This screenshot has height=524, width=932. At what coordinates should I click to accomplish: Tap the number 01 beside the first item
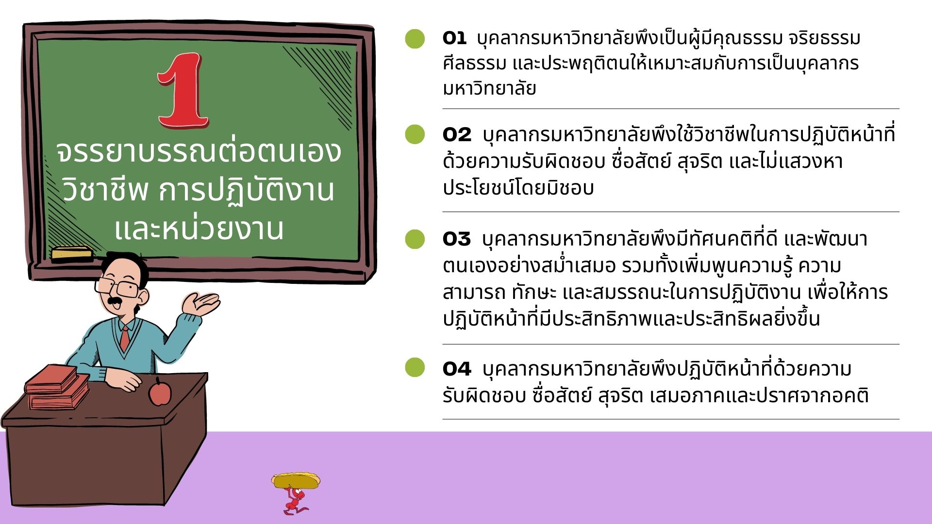point(454,38)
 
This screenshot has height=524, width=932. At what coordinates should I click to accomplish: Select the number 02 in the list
point(457,135)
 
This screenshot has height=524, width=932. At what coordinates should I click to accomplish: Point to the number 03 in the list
point(456,239)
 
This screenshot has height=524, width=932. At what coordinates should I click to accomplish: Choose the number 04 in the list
point(457,369)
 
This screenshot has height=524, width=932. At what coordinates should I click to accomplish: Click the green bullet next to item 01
point(415,38)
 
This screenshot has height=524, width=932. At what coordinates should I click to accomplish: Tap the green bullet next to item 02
point(415,134)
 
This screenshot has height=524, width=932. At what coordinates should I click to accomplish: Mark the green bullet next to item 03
point(415,239)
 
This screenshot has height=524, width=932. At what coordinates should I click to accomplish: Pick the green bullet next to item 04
point(415,367)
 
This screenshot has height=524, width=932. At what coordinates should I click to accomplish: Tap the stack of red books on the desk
point(57,387)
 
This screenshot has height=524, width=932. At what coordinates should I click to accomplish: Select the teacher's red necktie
point(125,338)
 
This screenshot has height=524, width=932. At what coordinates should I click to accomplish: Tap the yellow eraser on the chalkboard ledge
point(71,253)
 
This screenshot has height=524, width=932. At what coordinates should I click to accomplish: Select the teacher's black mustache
point(115,302)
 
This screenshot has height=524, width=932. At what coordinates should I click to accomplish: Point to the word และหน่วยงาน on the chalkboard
point(199,229)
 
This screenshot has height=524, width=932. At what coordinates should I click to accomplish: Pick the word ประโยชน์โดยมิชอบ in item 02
point(518,187)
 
